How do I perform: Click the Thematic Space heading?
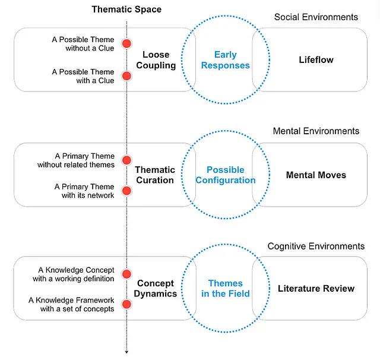point(126,9)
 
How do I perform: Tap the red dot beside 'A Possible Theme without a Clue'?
point(126,43)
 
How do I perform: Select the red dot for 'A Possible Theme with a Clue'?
point(126,76)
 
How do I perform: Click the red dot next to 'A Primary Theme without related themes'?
point(126,160)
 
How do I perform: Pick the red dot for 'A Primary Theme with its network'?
point(126,191)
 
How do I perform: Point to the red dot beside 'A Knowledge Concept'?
point(126,274)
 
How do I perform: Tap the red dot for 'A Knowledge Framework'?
point(126,305)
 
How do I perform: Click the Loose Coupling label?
point(156,60)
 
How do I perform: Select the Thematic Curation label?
point(154,175)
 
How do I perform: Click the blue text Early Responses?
point(226,60)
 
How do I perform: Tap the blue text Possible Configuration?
point(226,175)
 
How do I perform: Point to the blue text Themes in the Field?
point(226,288)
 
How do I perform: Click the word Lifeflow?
point(316,60)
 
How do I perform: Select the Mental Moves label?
point(316,175)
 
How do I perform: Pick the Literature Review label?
point(316,289)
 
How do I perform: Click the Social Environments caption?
point(316,17)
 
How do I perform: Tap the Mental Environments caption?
point(316,131)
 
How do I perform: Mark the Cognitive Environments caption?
point(316,246)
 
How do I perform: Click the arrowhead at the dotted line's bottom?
point(126,352)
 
